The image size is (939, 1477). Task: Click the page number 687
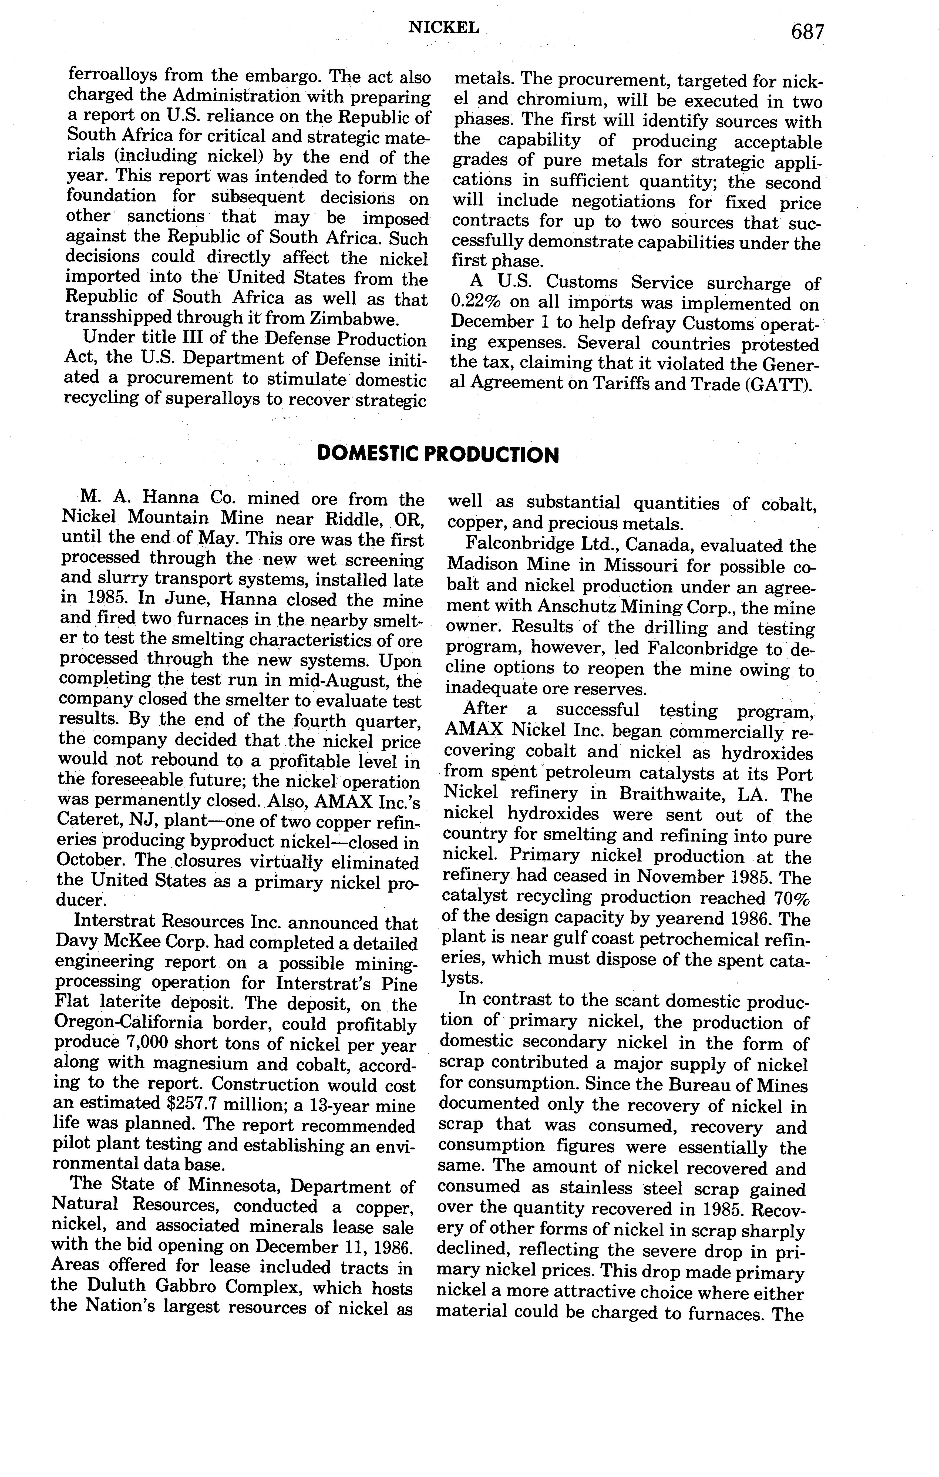(807, 32)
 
